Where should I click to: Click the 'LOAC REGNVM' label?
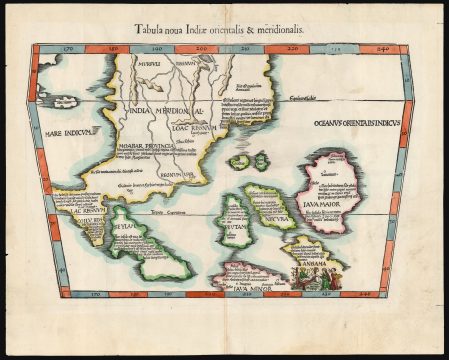tap(194, 128)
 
